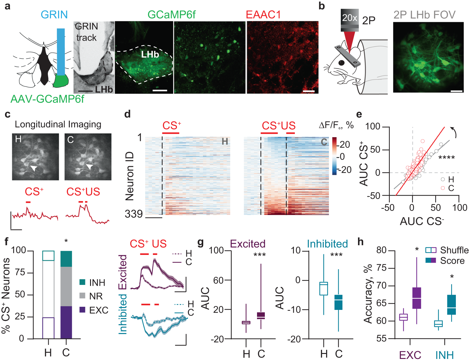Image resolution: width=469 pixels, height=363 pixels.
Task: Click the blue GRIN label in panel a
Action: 54,15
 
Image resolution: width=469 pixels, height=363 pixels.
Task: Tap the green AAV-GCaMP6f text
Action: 47,99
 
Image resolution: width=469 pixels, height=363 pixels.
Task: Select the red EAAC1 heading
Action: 263,15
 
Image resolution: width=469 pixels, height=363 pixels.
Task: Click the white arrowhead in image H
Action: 34,169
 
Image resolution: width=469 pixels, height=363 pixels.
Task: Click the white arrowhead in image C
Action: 89,167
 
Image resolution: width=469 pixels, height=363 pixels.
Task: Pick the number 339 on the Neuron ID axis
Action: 134,214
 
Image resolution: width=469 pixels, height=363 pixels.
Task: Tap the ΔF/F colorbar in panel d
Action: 335,156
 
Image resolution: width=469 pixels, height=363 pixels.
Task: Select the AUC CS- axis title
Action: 422,221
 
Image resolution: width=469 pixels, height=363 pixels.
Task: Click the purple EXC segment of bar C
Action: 66,322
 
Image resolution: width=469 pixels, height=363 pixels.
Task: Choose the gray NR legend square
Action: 83,296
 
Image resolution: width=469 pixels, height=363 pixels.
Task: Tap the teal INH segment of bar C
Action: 66,259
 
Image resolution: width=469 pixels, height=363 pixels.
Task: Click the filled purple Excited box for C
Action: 261,316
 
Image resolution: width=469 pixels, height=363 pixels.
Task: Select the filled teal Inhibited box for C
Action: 339,302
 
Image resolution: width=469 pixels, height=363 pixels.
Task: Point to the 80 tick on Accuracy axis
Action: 381,250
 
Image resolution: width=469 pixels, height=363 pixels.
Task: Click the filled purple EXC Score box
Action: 417,298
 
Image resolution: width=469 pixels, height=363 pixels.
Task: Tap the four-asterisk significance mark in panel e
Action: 446,158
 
